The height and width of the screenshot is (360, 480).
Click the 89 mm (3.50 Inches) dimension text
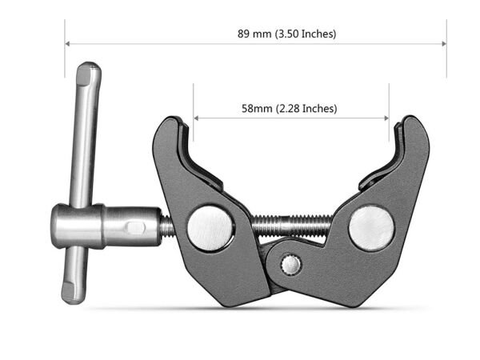click(286, 34)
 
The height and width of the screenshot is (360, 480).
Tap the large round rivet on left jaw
click(211, 228)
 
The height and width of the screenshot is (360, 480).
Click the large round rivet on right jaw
click(371, 226)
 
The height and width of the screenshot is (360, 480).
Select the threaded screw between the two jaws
click(292, 225)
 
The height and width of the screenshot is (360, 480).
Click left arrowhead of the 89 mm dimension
click(68, 43)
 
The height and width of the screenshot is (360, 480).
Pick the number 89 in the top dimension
click(243, 34)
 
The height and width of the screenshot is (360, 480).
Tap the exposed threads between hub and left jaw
click(166, 227)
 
